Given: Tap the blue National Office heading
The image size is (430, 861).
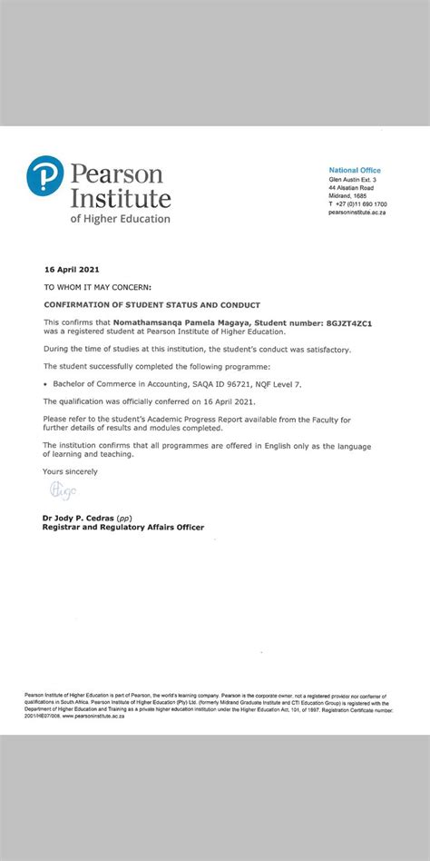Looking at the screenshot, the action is point(355,171).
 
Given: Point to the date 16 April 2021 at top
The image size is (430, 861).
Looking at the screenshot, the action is point(72,270).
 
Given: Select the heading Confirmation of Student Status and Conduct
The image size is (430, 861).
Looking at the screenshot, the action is point(151,304).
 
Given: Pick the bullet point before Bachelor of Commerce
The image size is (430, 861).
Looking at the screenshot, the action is point(44,384).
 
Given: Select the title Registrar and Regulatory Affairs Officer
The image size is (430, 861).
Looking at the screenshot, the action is point(123,527).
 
